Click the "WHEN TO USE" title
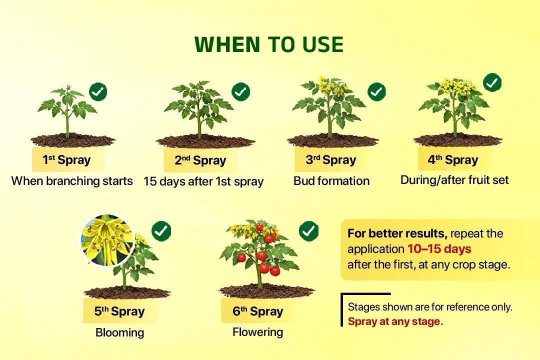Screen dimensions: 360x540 tap(269, 45)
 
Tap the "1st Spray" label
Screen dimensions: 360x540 tap(66, 160)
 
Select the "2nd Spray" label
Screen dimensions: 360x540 tap(200, 160)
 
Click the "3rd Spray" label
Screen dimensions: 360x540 tap(331, 160)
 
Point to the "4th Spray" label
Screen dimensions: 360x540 tap(453, 160)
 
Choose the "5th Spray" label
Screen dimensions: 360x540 tap(119, 311)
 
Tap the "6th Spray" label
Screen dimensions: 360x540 tap(257, 311)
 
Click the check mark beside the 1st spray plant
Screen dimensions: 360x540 tap(98, 91)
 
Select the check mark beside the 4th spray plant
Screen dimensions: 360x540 tap(492, 82)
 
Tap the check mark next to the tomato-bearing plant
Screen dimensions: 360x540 tap(308, 230)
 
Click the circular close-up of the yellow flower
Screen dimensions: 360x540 tap(107, 240)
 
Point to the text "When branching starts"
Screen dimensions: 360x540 tap(72, 181)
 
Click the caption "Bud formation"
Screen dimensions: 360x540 tap(331, 181)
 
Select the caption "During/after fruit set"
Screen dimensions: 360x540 tap(454, 180)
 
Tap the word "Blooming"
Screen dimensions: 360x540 tap(119, 332)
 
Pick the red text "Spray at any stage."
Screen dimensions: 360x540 tap(395, 321)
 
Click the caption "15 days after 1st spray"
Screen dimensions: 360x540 tap(203, 181)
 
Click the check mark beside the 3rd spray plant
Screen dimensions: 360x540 tap(376, 91)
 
